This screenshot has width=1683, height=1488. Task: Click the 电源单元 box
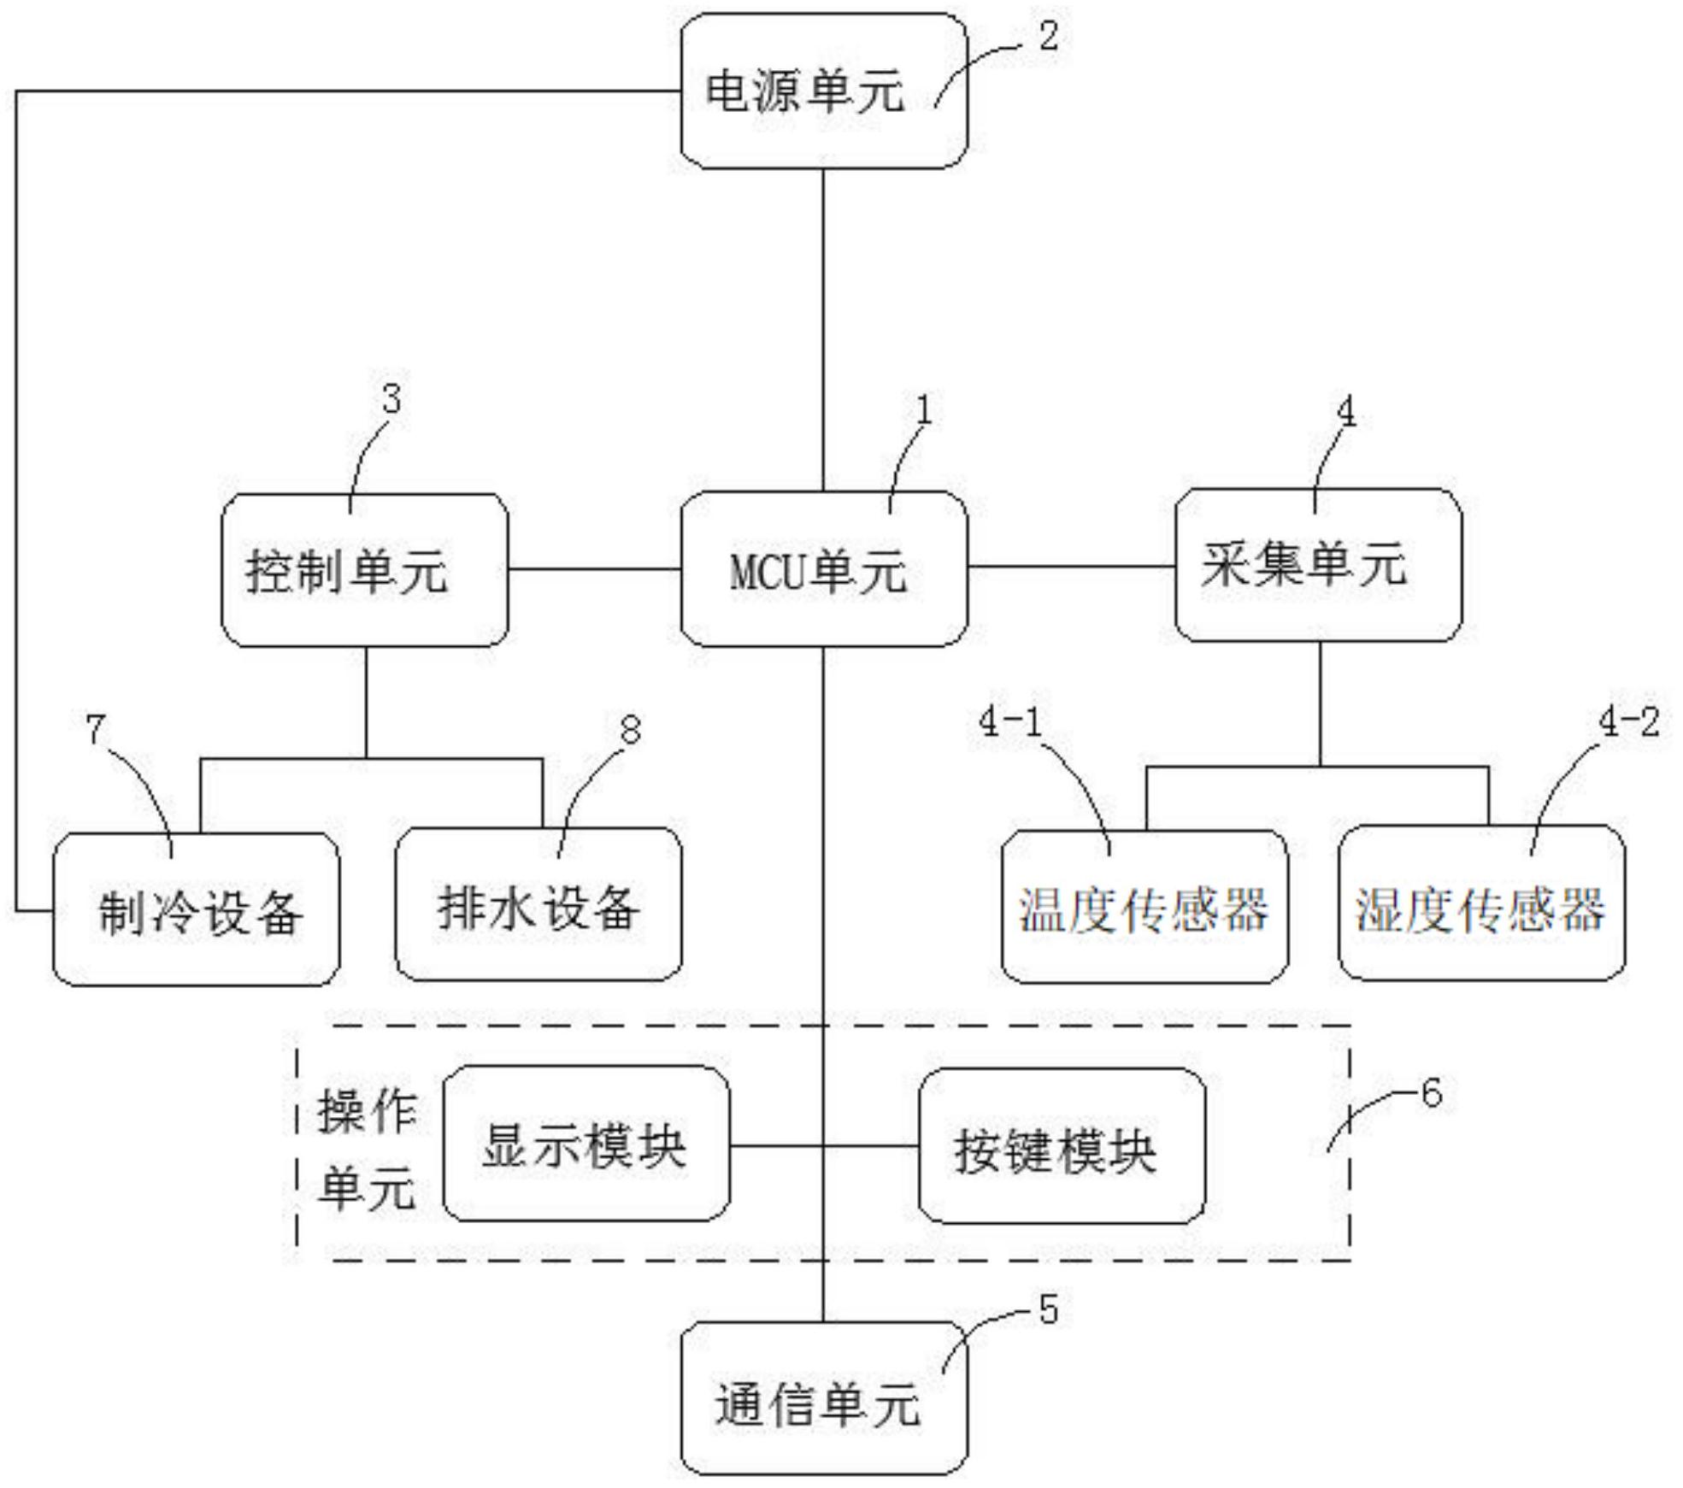click(x=824, y=91)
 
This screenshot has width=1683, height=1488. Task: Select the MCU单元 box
click(x=824, y=569)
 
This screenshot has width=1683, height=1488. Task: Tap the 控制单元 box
click(x=365, y=570)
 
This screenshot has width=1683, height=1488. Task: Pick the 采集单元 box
click(x=1318, y=565)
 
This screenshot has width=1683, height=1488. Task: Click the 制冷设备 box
click(x=196, y=909)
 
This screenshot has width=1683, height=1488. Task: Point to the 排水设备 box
click(x=538, y=905)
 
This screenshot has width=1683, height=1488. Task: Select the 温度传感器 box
click(x=1145, y=907)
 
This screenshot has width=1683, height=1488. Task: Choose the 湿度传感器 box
click(x=1481, y=903)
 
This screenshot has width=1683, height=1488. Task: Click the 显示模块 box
click(x=586, y=1144)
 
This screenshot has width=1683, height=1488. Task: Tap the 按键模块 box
click(x=1062, y=1146)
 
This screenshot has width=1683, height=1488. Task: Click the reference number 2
click(x=1048, y=37)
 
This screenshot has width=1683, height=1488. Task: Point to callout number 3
click(x=391, y=400)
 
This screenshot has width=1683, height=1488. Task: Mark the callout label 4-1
click(x=1010, y=724)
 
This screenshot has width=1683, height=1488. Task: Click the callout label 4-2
click(x=1628, y=723)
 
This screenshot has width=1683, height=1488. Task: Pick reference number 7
click(x=96, y=729)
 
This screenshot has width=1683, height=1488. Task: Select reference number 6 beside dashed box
click(x=1431, y=1093)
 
